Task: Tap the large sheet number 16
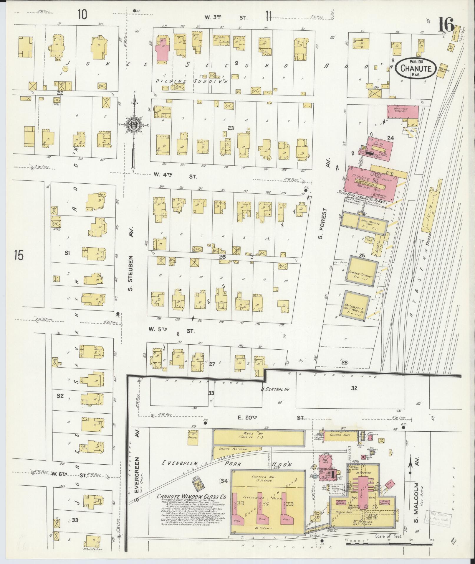click(x=446, y=25)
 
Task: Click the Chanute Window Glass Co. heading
click(x=191, y=496)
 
